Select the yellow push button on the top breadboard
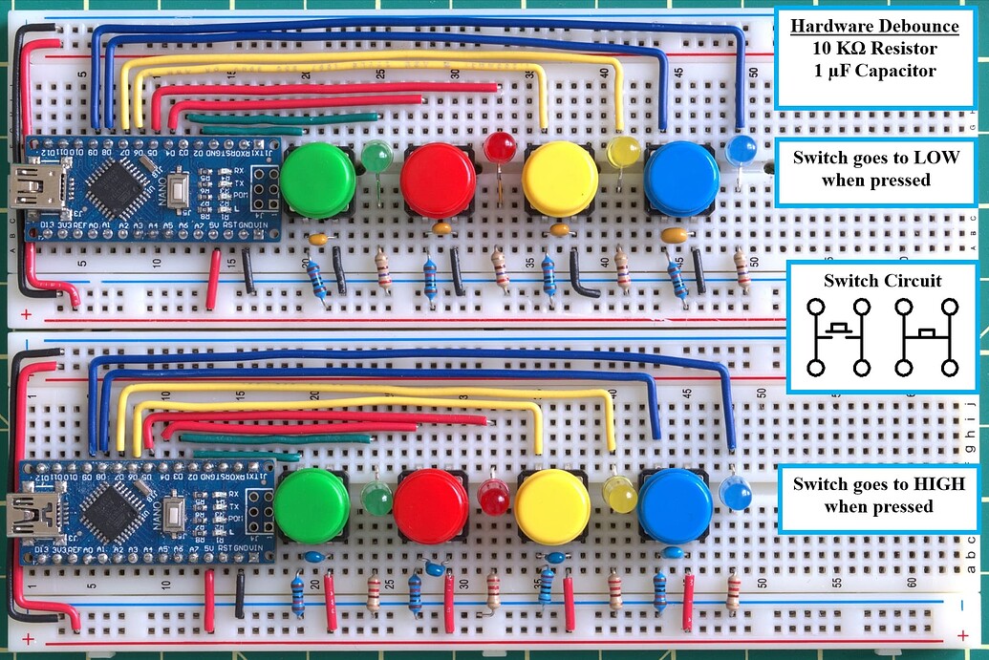pos(560,180)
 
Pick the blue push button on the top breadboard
pos(681,180)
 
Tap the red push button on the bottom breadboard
pos(431,505)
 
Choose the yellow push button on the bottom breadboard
pos(552,506)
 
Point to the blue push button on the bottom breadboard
pos(675,505)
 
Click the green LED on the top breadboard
pos(377,156)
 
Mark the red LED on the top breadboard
pos(498,147)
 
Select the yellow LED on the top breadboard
pos(623,152)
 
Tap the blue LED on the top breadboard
pos(742,149)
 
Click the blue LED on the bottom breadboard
pos(735,492)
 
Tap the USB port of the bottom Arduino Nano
pos(31,515)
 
